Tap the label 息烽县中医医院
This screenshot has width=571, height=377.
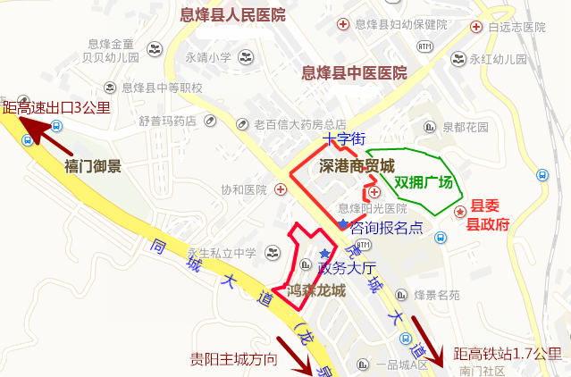click(354, 72)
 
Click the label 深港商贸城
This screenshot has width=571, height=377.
click(357, 165)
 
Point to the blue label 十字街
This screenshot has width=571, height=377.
click(345, 139)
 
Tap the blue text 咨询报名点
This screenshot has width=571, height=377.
click(386, 227)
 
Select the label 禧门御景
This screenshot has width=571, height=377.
click(93, 166)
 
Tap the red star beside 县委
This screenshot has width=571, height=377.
click(460, 212)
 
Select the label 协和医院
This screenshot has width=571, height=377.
click(244, 189)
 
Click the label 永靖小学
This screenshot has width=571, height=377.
click(208, 58)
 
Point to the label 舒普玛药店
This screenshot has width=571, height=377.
click(167, 121)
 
